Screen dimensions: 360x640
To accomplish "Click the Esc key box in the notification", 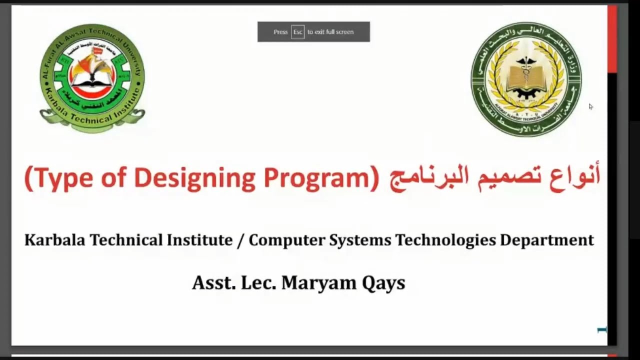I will click(297, 32).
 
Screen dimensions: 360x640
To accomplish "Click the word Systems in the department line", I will click(360, 240).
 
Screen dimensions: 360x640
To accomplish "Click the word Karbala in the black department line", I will click(55, 240).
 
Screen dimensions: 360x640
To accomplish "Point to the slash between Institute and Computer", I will click(240, 240).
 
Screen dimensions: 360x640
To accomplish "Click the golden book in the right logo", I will click(525, 80).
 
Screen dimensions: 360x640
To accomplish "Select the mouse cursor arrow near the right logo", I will click(590, 106).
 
